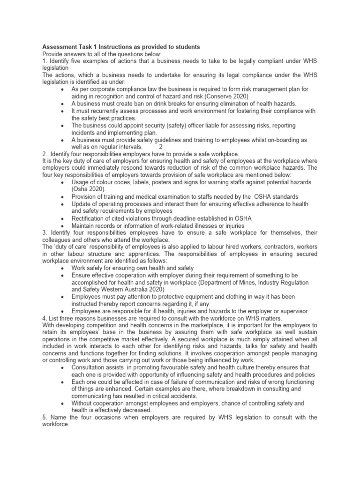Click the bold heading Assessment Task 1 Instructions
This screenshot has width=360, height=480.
pyautogui.click(x=121, y=47)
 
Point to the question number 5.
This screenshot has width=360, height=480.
pyautogui.click(x=45, y=417)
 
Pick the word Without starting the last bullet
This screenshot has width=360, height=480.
pyautogui.click(x=83, y=403)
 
